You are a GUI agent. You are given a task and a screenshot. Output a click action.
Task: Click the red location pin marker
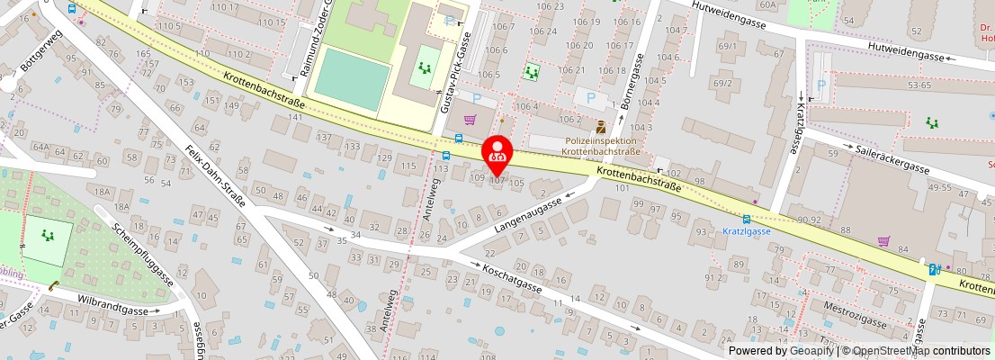[x=497, y=153]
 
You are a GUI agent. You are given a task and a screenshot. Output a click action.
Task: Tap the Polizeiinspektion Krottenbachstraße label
[x=601, y=147]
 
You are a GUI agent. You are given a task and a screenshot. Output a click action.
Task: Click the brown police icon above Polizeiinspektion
[x=601, y=126]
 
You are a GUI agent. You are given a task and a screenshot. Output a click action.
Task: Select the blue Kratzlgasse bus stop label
[x=746, y=231]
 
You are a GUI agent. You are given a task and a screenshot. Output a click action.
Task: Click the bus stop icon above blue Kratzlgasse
[x=746, y=219]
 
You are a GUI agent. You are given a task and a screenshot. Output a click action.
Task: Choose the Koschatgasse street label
[x=511, y=276]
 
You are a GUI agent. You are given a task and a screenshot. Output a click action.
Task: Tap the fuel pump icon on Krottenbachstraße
[x=934, y=269]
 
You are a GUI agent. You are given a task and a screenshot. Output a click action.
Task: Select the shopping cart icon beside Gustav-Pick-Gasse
[x=469, y=119]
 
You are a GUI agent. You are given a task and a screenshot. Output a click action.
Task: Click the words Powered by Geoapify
[x=780, y=350]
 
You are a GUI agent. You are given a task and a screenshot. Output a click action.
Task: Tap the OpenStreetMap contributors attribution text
[x=922, y=350]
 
